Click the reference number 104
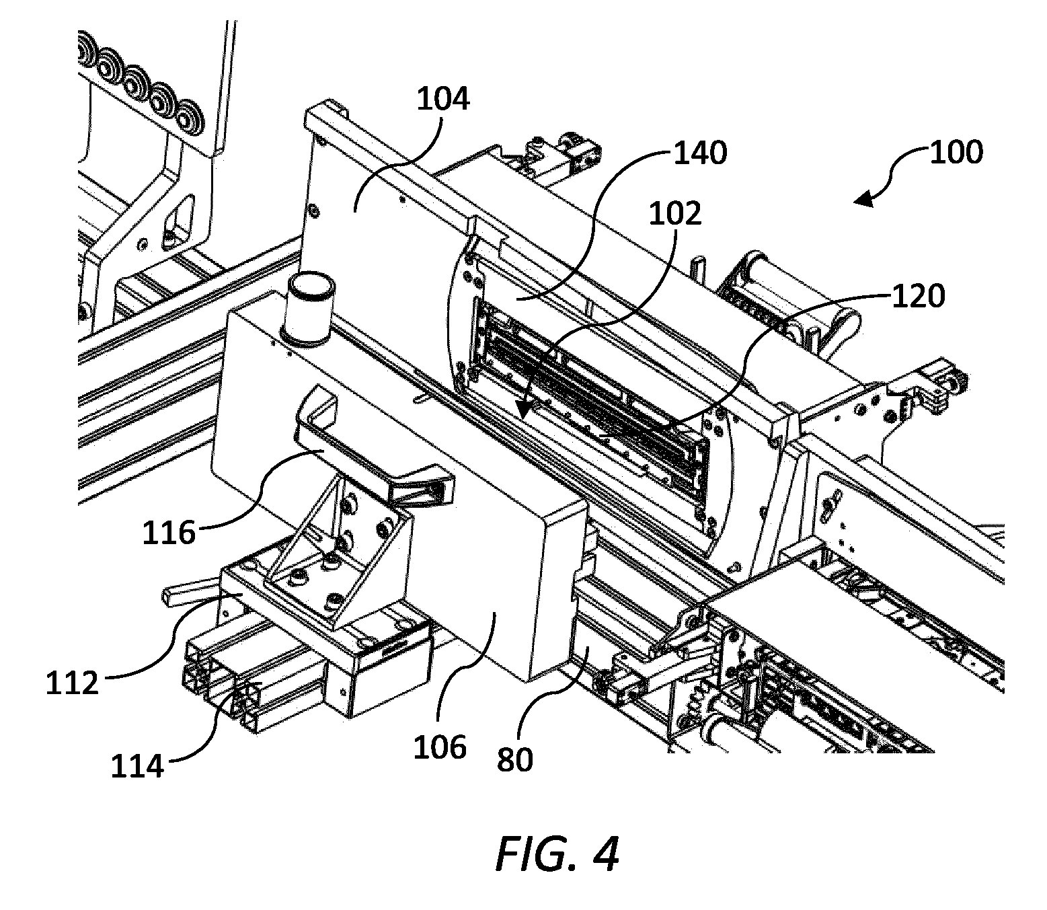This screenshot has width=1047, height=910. pos(443,100)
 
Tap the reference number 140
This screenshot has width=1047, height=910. pos(701,153)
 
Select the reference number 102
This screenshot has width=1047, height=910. pos(675,213)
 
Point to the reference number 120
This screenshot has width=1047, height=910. pos(919,296)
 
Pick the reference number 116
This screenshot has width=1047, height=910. pos(169,533)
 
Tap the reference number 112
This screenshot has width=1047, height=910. pos(72,682)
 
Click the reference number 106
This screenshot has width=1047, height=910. pos(440,747)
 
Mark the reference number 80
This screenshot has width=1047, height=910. pos(515,759)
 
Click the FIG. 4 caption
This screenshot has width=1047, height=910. pos(557,854)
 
